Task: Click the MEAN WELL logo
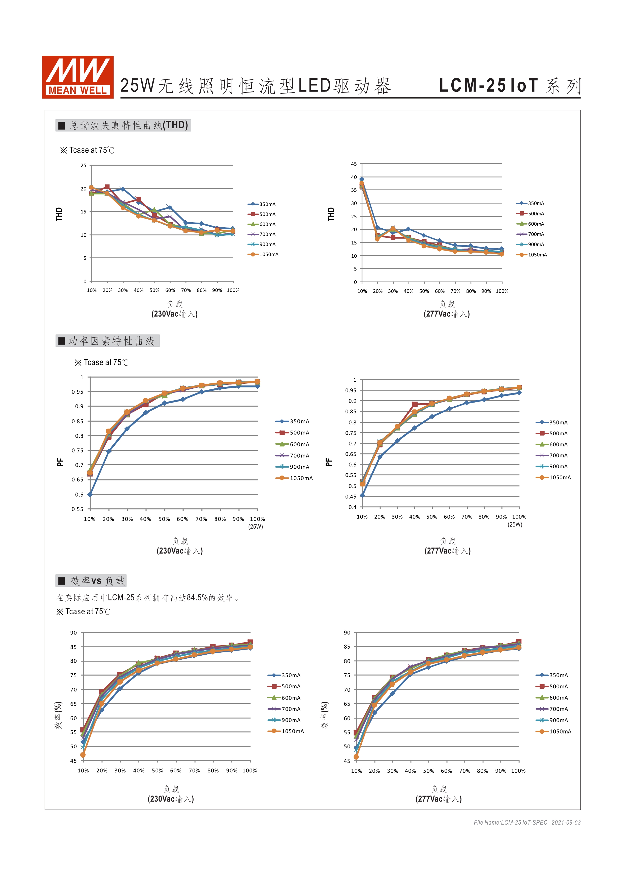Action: (x=78, y=77)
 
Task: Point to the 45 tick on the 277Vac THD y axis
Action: (x=354, y=164)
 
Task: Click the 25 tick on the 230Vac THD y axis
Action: (x=83, y=166)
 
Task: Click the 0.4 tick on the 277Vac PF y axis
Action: (x=353, y=507)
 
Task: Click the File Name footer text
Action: (x=527, y=822)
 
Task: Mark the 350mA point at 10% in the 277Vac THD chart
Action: (x=362, y=179)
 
